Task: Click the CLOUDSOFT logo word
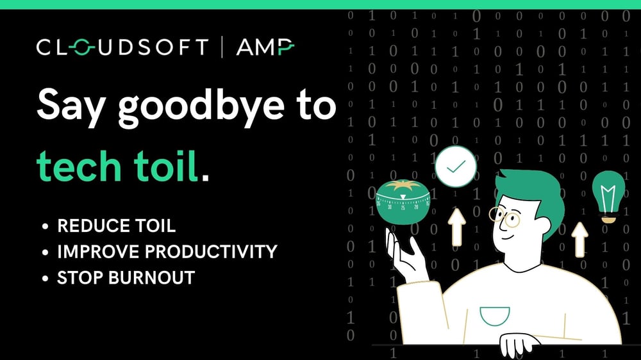click(x=122, y=48)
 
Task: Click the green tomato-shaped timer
click(x=403, y=202)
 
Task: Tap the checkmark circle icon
click(x=456, y=167)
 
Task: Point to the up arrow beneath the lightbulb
click(x=579, y=238)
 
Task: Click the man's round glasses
click(x=504, y=216)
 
